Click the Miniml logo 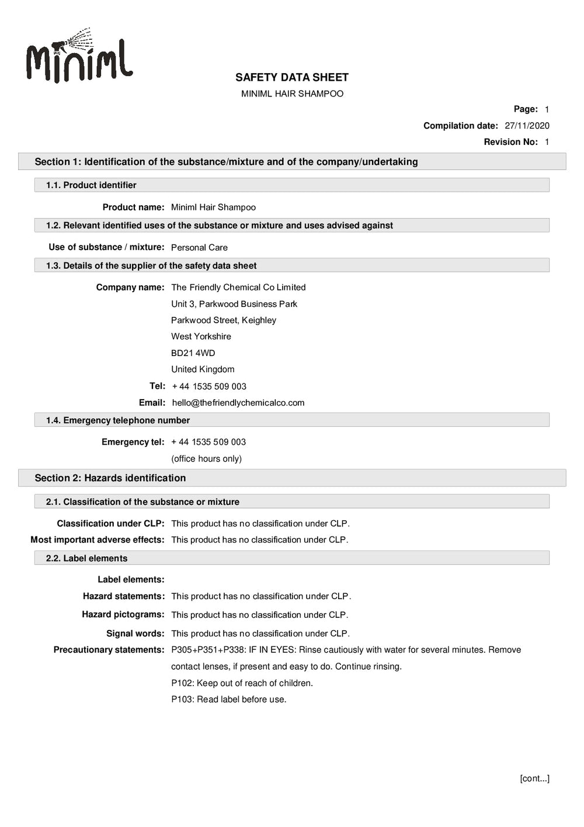coord(79,57)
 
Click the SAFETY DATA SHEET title coord(291,77)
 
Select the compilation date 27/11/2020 coord(527,126)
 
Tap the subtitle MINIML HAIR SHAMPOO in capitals coord(292,94)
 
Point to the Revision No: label coord(510,142)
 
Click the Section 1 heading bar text coord(226,162)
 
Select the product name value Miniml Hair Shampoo coord(213,207)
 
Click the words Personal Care coord(199,248)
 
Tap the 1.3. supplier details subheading coord(151,266)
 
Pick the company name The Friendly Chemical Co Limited coord(238,288)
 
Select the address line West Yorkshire coord(201,337)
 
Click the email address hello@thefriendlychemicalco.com coord(238,403)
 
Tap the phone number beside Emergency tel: coord(208,442)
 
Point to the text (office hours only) coord(206,459)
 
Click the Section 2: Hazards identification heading coord(110,478)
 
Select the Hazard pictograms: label coord(123,615)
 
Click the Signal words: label coord(135,634)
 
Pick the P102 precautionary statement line coord(242,683)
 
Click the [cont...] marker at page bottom coord(534,778)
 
